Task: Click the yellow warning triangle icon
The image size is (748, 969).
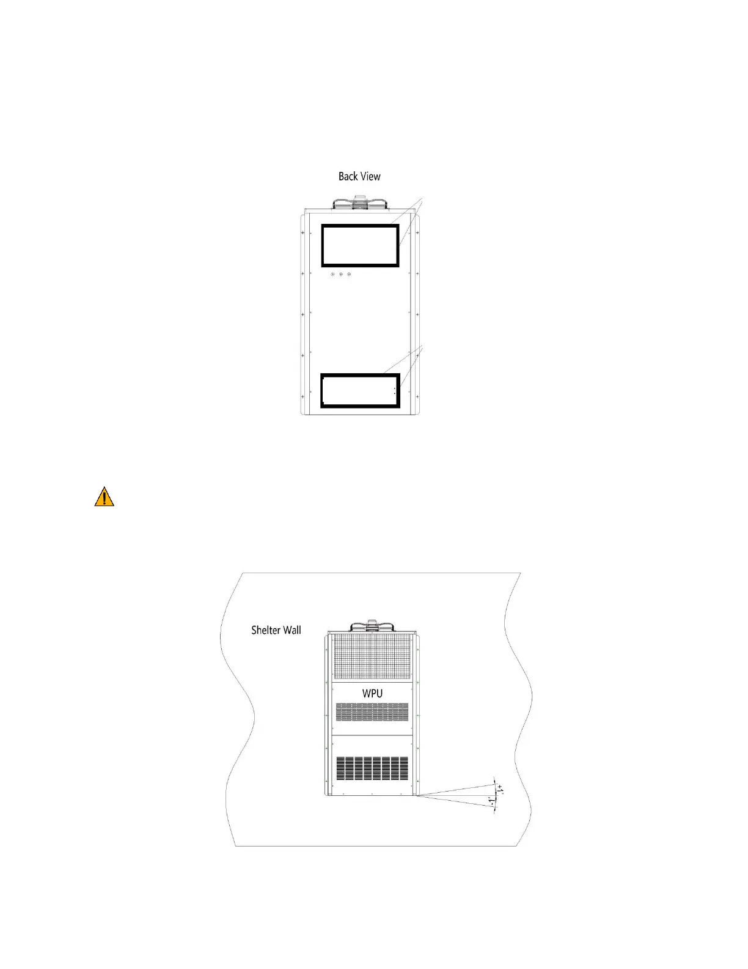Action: [105, 497]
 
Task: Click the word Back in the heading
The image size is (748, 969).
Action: [348, 176]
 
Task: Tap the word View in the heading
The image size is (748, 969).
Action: [370, 176]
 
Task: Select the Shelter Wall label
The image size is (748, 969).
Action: [276, 630]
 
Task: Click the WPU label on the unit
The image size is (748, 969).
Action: [373, 694]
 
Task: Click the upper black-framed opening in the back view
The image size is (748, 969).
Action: [361, 245]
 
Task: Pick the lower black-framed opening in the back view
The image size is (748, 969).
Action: [361, 390]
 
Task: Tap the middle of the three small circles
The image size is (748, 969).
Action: [340, 274]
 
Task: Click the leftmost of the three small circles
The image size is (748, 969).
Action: [332, 274]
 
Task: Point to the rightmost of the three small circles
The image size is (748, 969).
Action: [349, 274]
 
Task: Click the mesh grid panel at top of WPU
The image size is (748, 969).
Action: [372, 656]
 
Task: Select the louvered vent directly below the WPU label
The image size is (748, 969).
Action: [372, 711]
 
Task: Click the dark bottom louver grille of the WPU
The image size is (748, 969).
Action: [372, 768]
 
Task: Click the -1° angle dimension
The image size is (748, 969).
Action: [492, 801]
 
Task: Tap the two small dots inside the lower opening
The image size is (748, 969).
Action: [395, 390]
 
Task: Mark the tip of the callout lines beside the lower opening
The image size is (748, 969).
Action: [422, 346]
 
